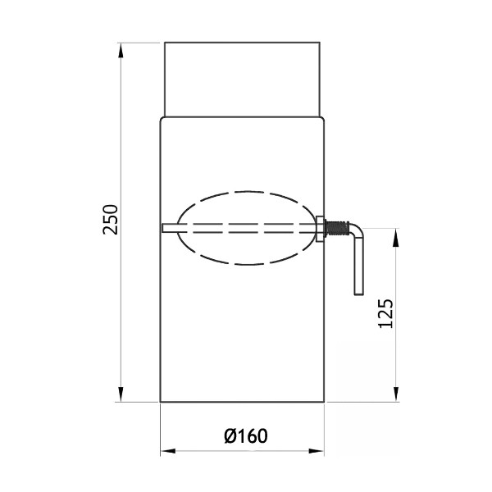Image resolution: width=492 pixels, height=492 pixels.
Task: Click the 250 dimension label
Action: [x=111, y=219]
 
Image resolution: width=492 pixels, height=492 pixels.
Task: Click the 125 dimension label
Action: [x=385, y=314]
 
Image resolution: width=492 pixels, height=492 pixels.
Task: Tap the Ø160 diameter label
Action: [x=246, y=436]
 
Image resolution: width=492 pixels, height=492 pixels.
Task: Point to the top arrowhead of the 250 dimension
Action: [x=121, y=50]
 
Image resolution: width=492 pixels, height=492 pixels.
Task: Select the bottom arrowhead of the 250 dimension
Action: [x=121, y=394]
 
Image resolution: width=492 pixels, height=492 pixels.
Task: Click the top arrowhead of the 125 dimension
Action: [x=397, y=236]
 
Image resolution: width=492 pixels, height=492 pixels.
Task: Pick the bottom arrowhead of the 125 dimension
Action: [x=397, y=394]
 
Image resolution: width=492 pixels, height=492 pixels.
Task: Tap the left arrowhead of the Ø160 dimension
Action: [x=168, y=451]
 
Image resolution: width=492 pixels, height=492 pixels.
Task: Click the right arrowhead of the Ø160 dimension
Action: [x=317, y=451]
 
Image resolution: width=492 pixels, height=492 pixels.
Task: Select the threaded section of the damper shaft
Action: [x=338, y=229]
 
